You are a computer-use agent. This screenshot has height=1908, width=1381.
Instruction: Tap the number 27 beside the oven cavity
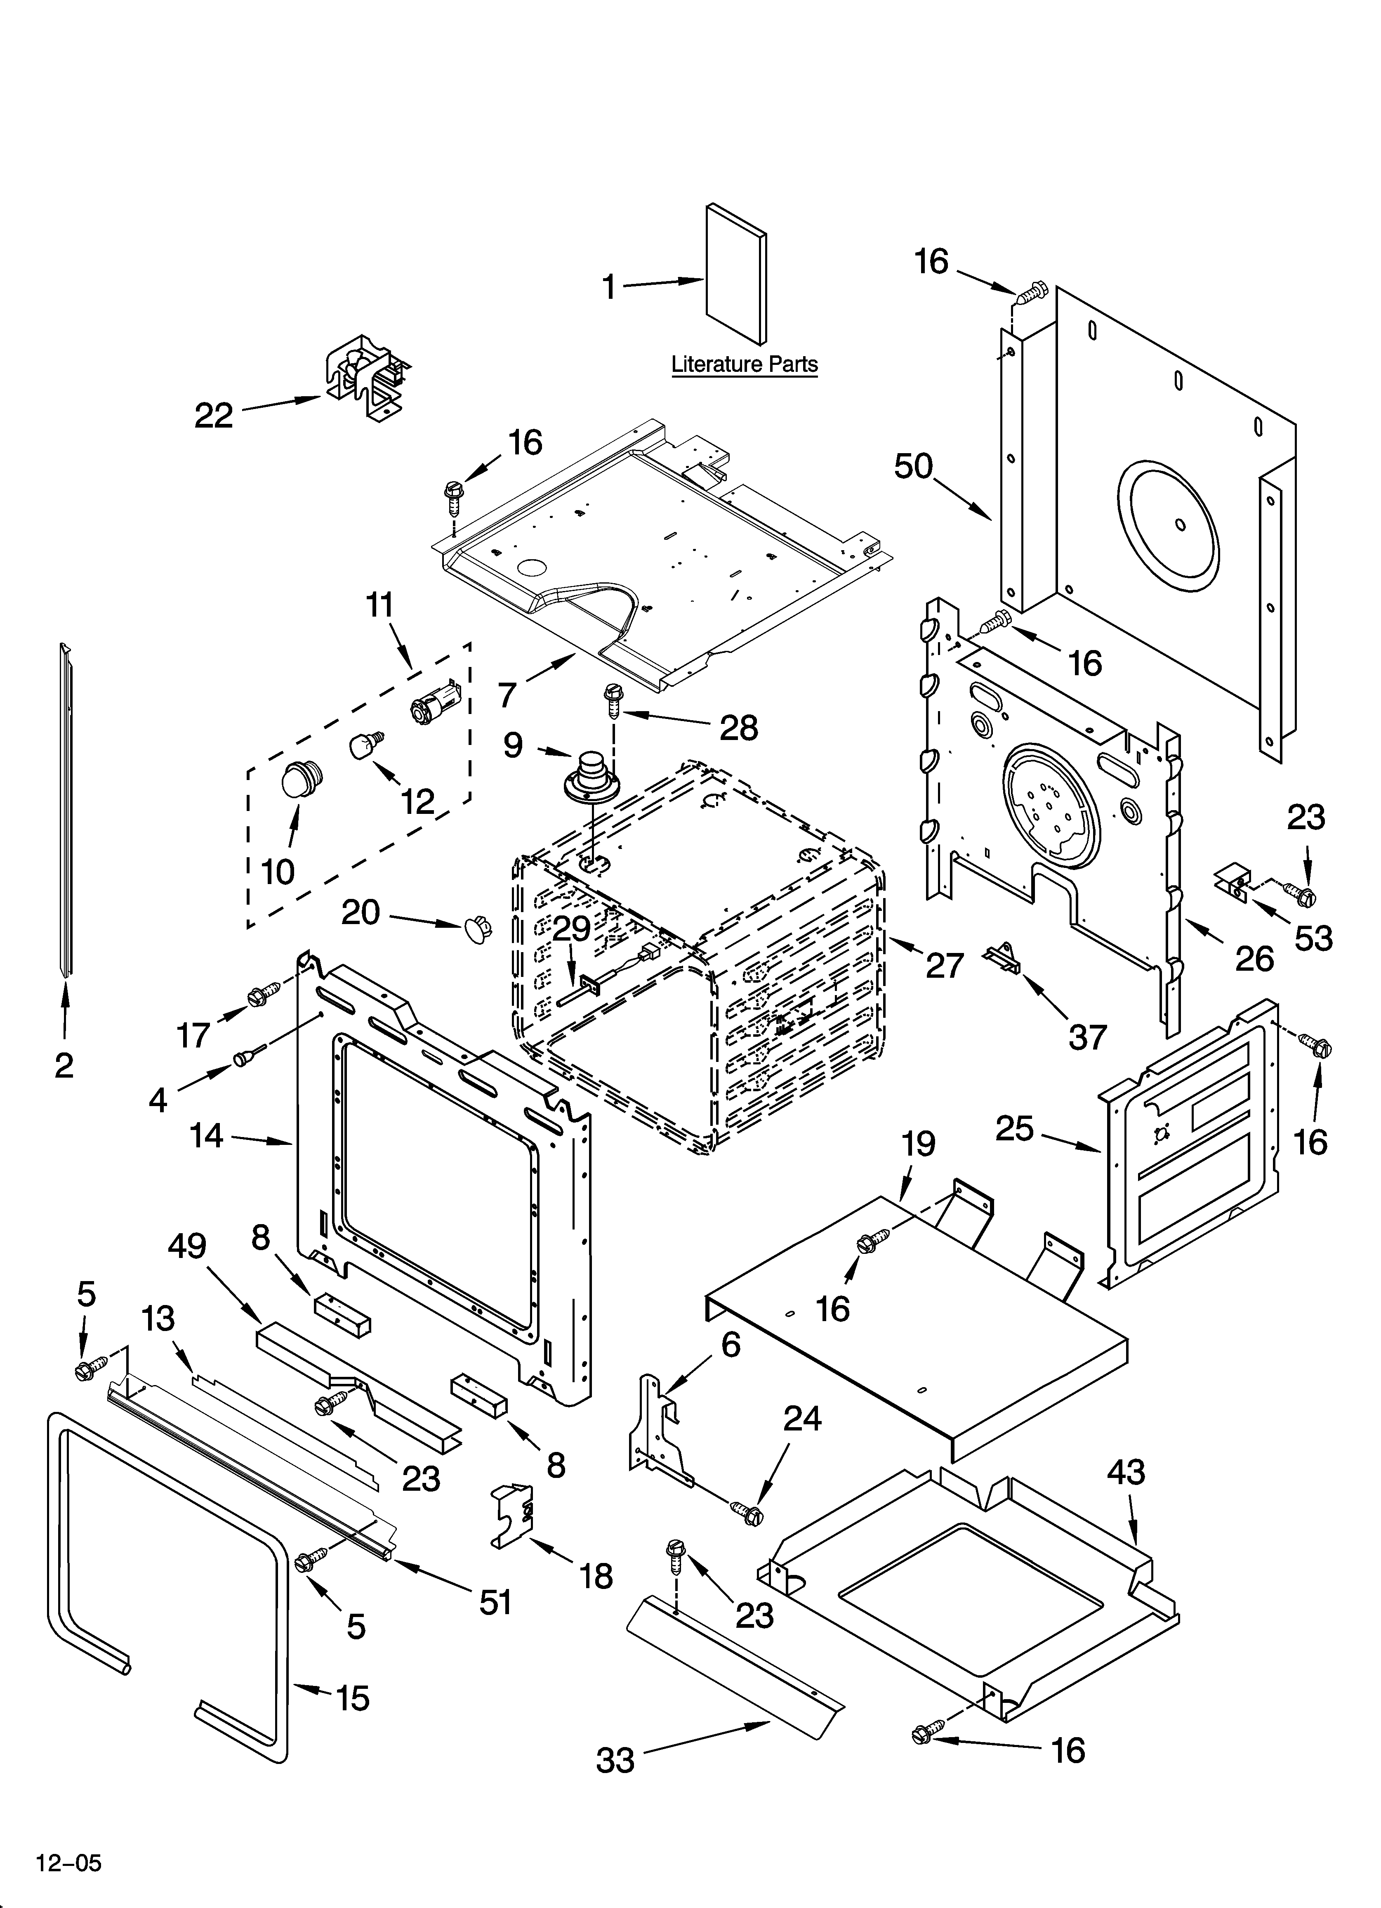[944, 965]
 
